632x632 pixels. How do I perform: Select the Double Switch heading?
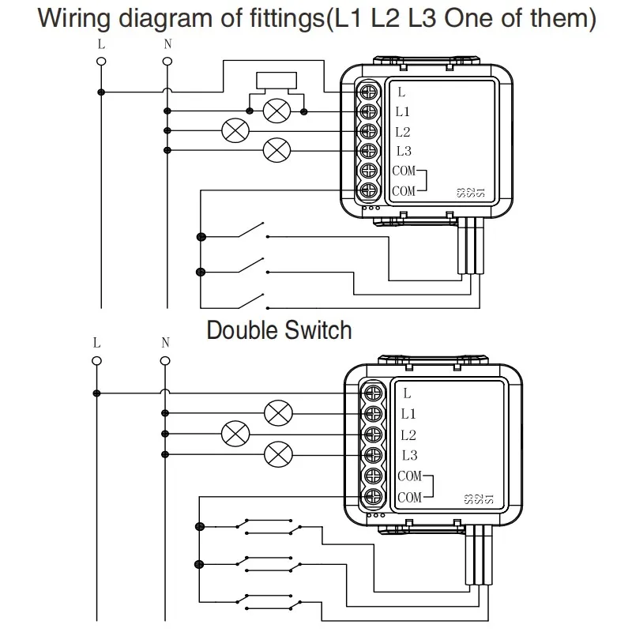279,329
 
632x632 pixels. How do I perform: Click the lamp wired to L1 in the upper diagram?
276,111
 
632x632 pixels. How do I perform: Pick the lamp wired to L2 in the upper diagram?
234,130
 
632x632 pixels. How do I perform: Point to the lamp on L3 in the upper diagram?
276,150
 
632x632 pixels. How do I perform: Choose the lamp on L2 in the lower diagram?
235,433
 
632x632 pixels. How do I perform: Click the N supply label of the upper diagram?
167,44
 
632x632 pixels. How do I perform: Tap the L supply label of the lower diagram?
96,344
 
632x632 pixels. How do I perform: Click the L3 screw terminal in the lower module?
374,454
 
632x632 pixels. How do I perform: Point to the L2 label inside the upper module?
403,131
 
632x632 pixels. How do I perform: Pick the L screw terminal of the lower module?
374,393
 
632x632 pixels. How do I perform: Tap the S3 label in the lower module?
468,498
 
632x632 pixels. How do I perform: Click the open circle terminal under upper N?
167,60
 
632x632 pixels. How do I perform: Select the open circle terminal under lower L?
96,360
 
